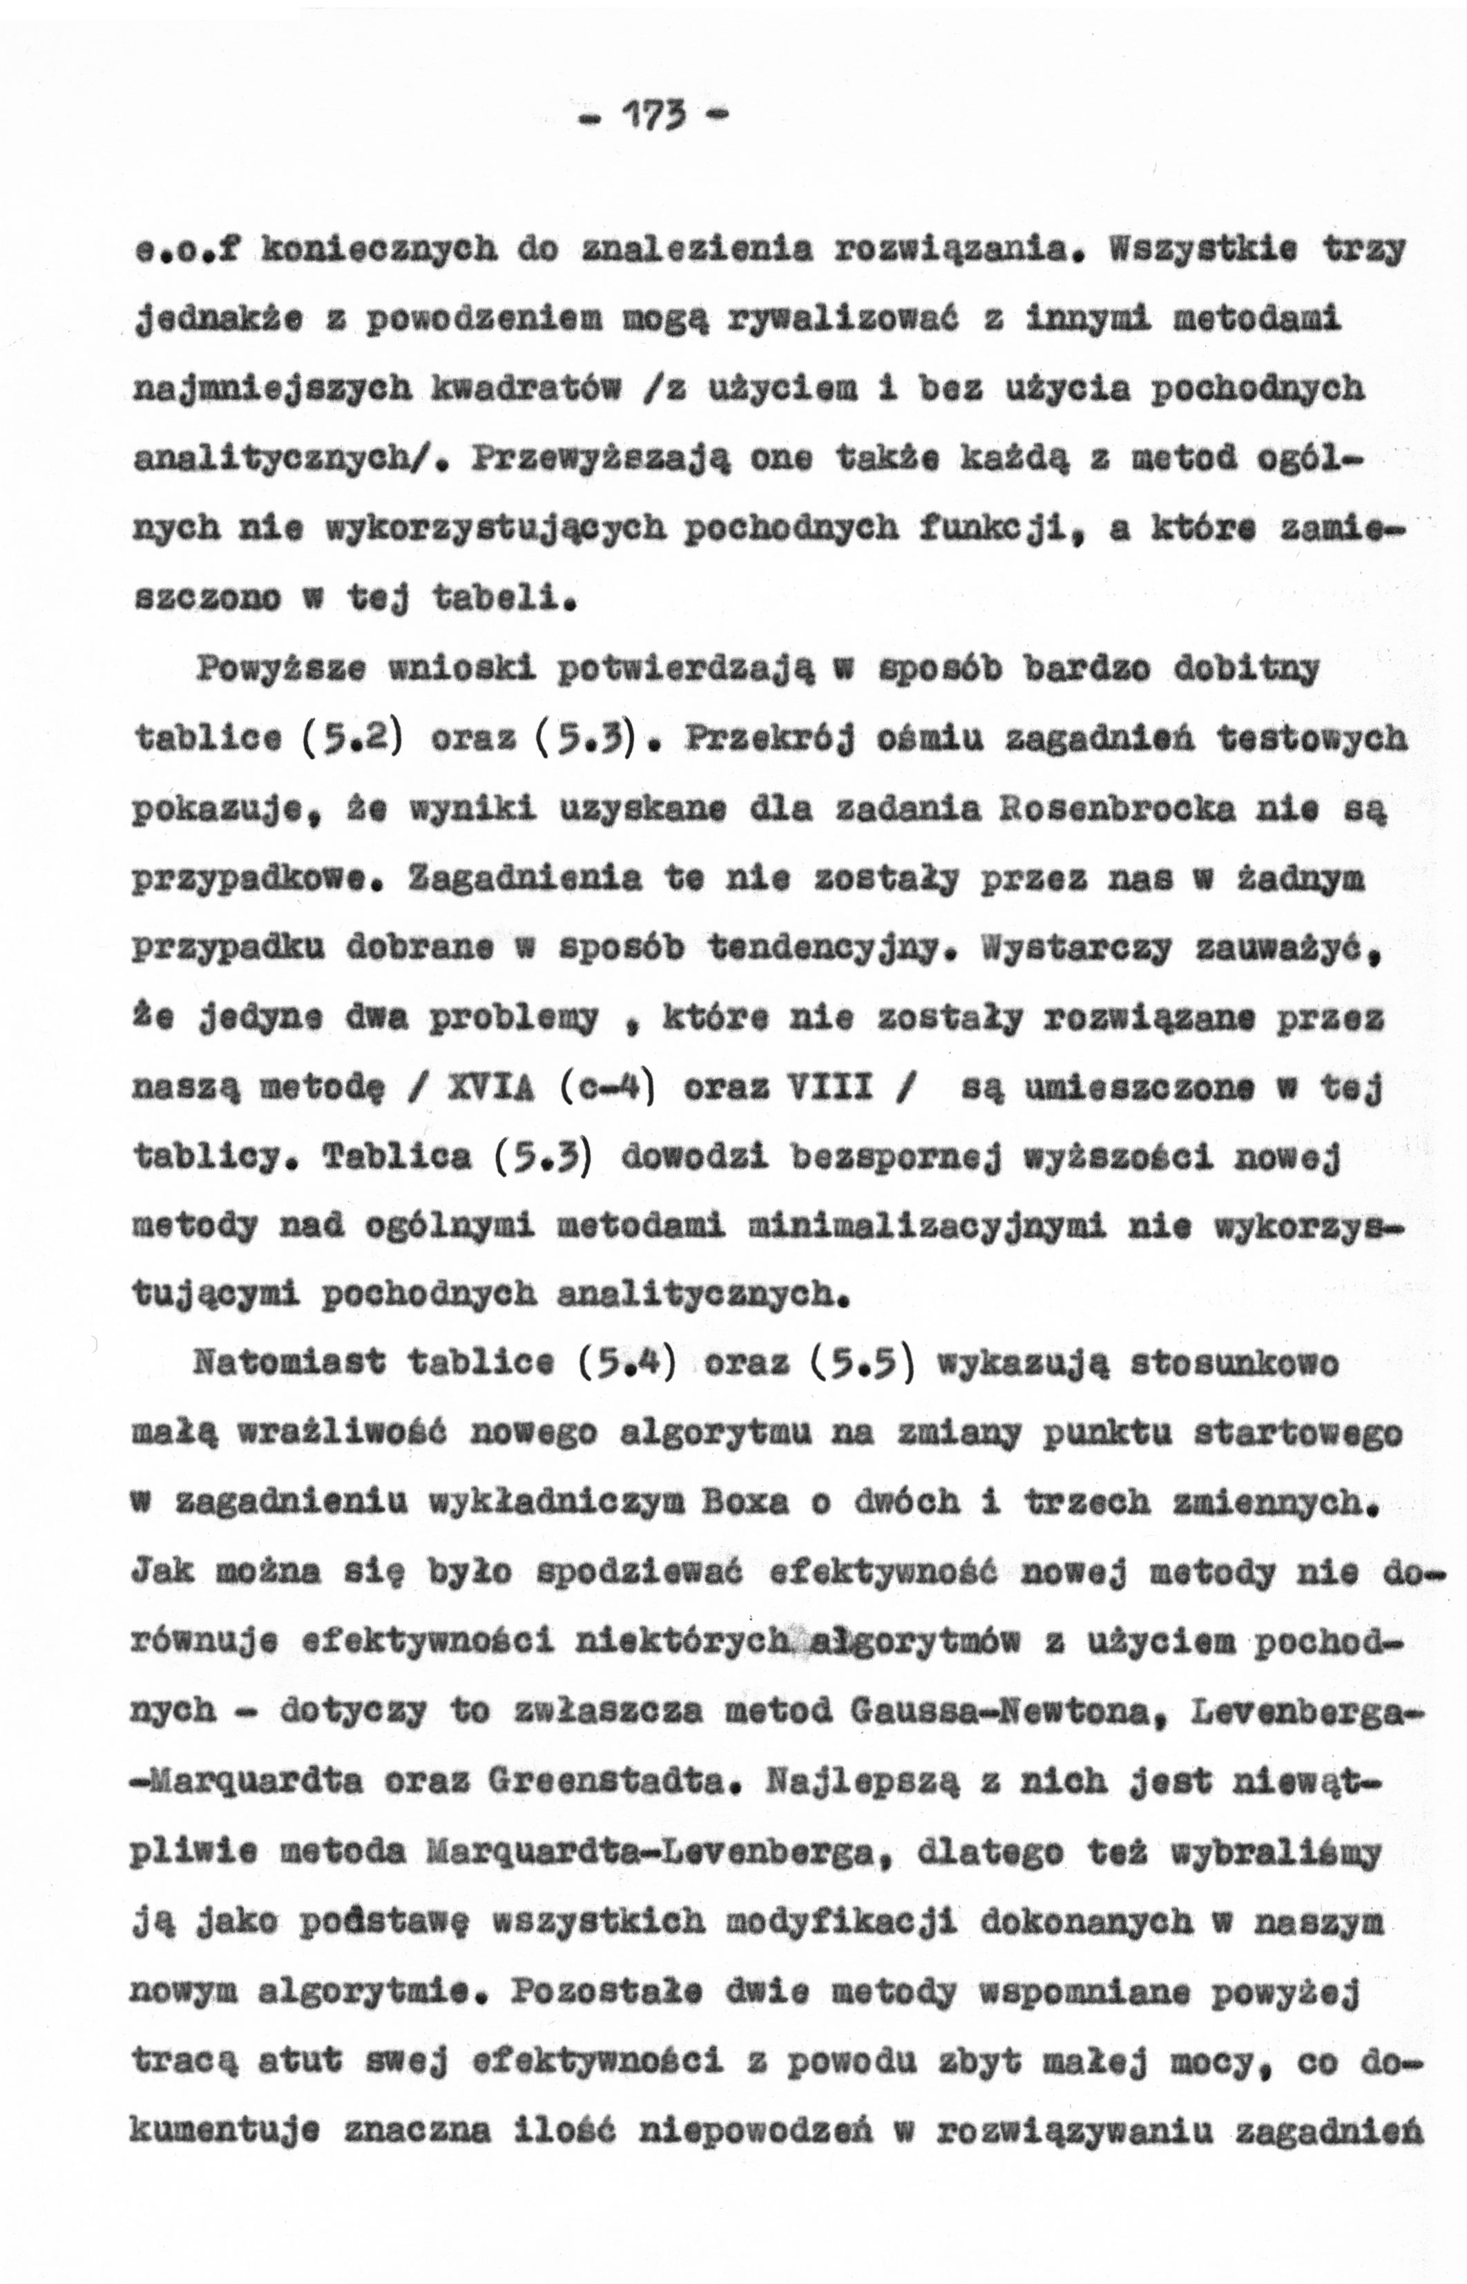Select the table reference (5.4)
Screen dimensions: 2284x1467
625,1364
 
